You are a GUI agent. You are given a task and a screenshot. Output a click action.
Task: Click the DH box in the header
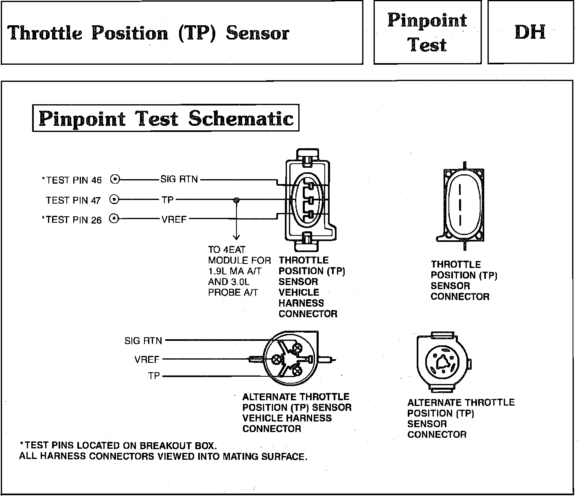pyautogui.click(x=530, y=32)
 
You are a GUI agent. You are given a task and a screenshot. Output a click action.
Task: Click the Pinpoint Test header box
pyautogui.click(x=427, y=32)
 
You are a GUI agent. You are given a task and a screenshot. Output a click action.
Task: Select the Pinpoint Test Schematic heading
pyautogui.click(x=166, y=119)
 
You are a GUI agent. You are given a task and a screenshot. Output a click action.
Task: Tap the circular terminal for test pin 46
pyautogui.click(x=115, y=179)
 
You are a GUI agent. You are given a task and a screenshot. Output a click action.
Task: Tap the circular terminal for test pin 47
pyautogui.click(x=115, y=200)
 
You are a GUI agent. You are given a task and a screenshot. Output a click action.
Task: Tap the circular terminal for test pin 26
pyautogui.click(x=115, y=219)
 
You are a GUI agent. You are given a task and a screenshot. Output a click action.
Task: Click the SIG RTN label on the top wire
pyautogui.click(x=179, y=179)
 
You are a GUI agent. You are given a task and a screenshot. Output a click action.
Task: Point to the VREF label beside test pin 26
pyautogui.click(x=174, y=219)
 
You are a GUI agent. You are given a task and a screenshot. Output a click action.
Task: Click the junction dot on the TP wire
pyautogui.click(x=236, y=200)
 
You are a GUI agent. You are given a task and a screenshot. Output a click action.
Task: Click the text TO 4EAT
pyautogui.click(x=227, y=250)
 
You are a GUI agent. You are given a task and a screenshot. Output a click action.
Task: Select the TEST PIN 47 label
pyautogui.click(x=73, y=200)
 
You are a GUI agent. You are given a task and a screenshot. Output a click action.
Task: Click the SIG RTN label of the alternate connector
pyautogui.click(x=143, y=341)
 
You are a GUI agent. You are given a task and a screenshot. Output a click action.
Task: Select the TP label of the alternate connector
pyautogui.click(x=154, y=376)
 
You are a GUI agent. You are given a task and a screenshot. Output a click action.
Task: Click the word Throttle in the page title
pyautogui.click(x=45, y=33)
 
